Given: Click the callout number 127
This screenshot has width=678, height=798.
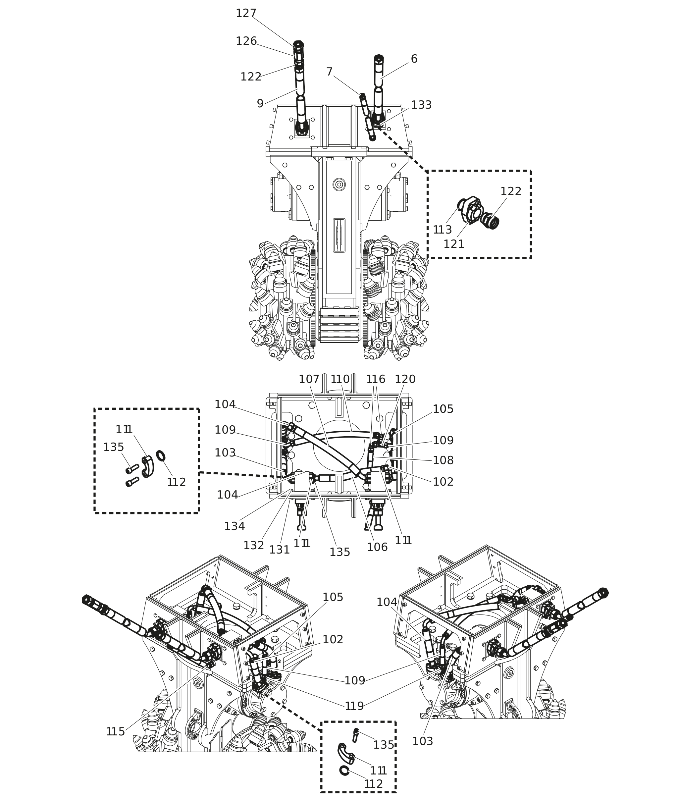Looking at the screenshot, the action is pos(246,14).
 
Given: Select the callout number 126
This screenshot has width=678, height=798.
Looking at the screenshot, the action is pos(246,41).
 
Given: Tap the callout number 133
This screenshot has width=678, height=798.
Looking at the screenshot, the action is pos(421,105).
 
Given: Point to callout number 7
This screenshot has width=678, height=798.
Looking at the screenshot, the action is pos(329,72).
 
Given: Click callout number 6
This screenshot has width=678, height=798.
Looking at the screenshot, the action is pos(414,59).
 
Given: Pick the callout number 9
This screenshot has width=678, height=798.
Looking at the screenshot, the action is pos(260,104).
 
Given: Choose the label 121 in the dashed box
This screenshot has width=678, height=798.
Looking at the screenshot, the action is pos(454,244).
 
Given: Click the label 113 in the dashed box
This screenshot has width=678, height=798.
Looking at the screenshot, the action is pos(443,230).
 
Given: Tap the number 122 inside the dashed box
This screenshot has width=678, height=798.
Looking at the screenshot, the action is pos(511,191).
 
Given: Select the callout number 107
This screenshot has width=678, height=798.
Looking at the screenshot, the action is pos(309,379).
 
